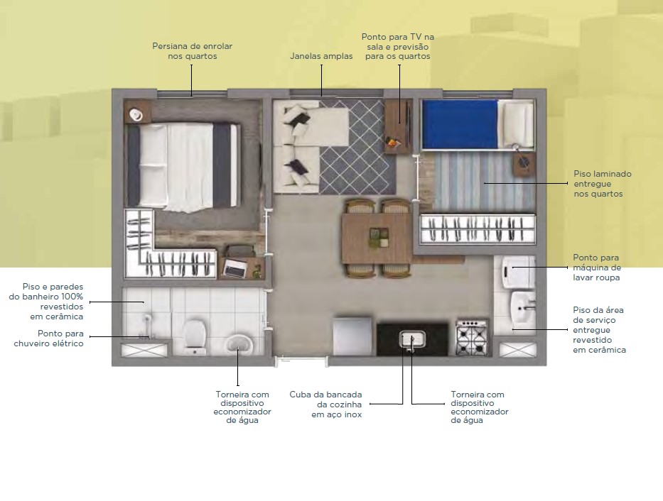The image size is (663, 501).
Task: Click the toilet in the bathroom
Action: coord(195,337)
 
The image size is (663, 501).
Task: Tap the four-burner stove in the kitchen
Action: coord(473,337)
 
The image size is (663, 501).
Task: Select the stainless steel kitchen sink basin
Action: coord(412,339)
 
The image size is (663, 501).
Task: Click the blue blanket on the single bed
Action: coord(460,124)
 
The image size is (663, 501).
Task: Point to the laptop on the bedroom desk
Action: coord(235,268)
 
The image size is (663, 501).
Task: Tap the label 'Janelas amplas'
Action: coord(321,56)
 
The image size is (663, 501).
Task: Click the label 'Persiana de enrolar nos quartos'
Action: coord(193,51)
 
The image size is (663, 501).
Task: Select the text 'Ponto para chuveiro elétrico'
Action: coord(48,338)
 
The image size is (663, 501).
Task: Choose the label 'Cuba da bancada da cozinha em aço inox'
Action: coord(325,404)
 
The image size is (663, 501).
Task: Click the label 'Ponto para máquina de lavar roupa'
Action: coord(597,268)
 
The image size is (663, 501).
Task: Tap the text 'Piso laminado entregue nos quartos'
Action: coord(602,184)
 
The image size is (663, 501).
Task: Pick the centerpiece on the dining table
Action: coord(379,238)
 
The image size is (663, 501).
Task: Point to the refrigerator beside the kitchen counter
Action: coord(352,337)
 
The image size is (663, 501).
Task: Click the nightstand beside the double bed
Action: coord(137,111)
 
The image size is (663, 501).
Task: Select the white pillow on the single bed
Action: coord(517,124)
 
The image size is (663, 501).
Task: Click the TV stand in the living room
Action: coord(398,126)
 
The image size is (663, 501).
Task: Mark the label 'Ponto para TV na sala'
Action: coord(397,42)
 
